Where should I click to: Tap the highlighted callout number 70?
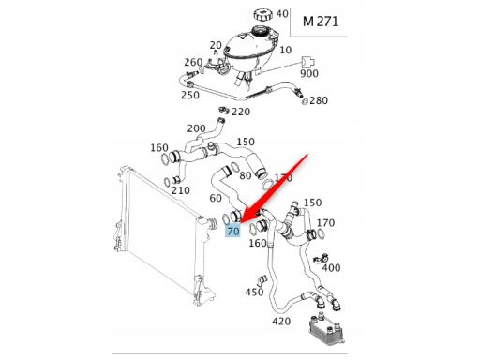click(233, 230)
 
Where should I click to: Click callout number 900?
click(307, 74)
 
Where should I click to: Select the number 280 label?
click(319, 100)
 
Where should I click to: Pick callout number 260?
click(192, 63)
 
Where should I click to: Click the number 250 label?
click(189, 95)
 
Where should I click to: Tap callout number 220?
click(241, 112)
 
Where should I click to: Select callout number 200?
click(196, 128)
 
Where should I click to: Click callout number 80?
click(246, 174)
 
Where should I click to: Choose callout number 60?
click(215, 199)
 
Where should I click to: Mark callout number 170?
click(324, 223)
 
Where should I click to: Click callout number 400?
click(331, 268)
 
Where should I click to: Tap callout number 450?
click(255, 292)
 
